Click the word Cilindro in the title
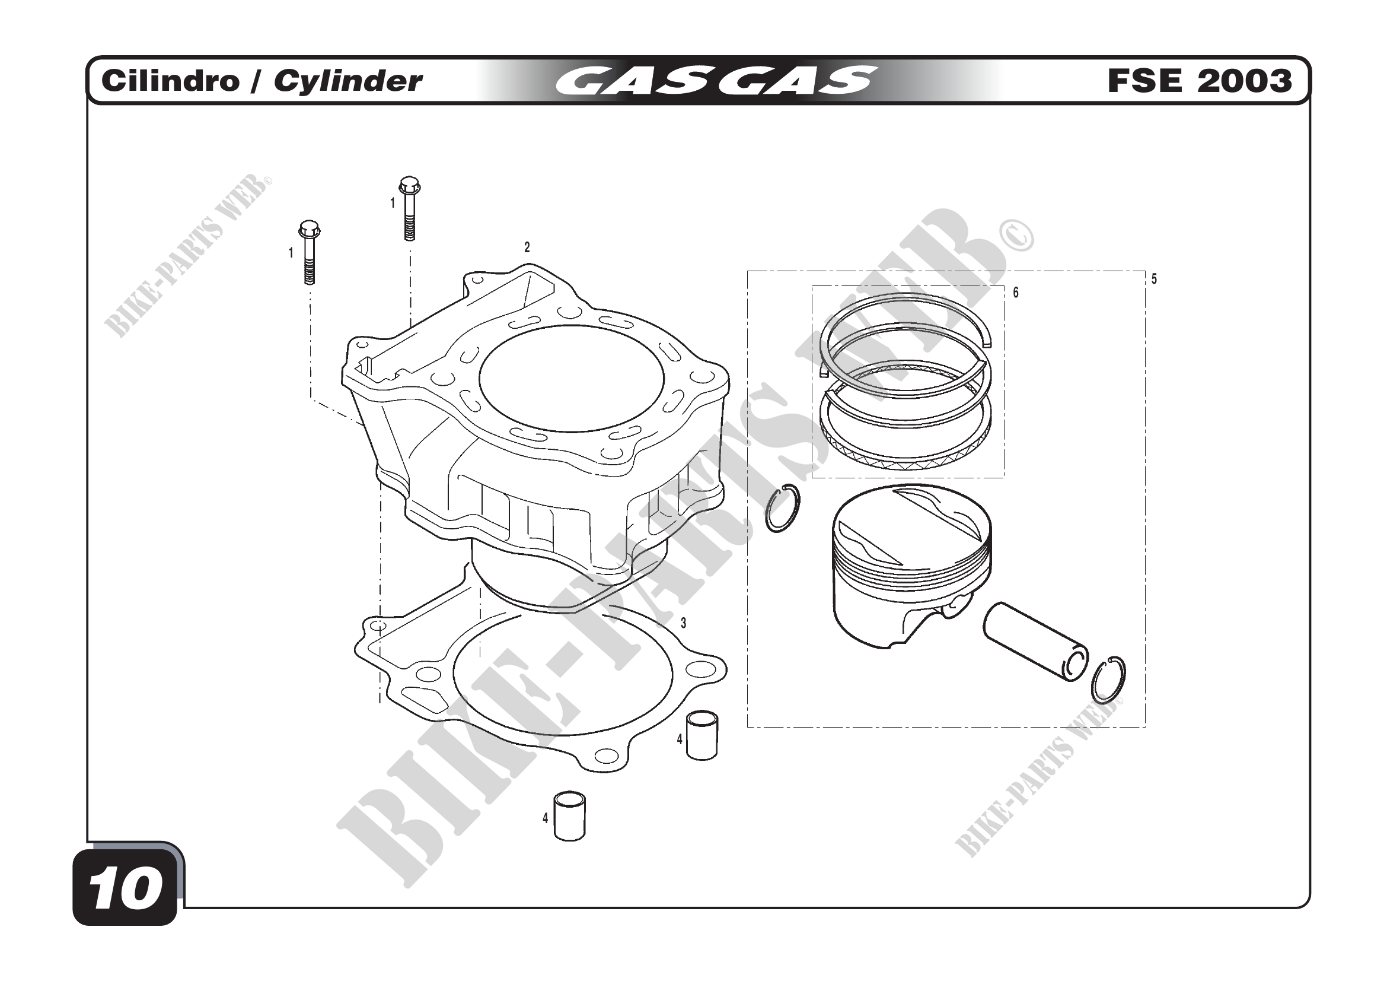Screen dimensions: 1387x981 point(170,81)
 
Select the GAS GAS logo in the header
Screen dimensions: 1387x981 point(716,80)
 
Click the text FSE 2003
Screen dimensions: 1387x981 point(1200,81)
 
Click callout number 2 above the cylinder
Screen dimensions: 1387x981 point(527,247)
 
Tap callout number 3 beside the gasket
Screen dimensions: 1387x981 point(683,623)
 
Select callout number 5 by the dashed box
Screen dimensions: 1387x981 point(1154,280)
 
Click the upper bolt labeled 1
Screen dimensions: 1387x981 point(410,208)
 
